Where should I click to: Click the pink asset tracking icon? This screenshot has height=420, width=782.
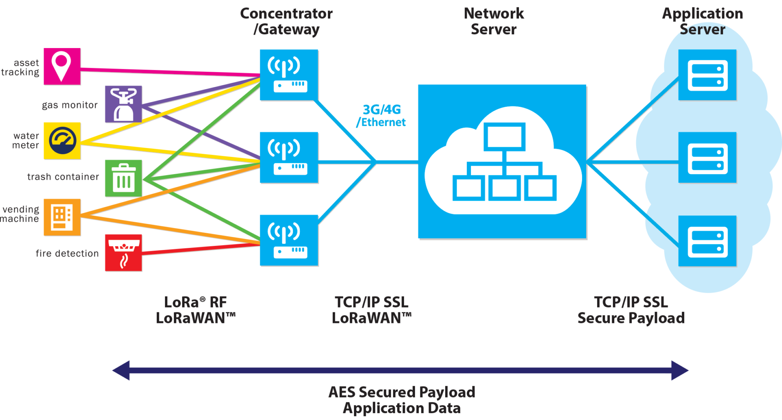pyautogui.click(x=62, y=66)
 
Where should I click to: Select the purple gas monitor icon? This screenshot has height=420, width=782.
pyautogui.click(x=123, y=104)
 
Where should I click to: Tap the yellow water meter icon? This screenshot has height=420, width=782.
pyautogui.click(x=62, y=141)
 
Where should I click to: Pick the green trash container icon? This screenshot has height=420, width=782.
pyautogui.click(x=123, y=178)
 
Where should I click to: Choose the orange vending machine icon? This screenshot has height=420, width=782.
pyautogui.click(x=62, y=217)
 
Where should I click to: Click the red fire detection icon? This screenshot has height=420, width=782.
pyautogui.click(x=123, y=253)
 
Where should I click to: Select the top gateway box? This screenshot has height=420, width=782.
pyautogui.click(x=289, y=75)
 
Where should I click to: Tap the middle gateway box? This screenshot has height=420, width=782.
pyautogui.click(x=289, y=158)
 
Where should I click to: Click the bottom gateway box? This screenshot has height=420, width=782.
pyautogui.click(x=289, y=241)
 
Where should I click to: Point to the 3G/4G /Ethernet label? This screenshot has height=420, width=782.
pyautogui.click(x=381, y=116)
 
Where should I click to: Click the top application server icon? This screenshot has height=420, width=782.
pyautogui.click(x=707, y=75)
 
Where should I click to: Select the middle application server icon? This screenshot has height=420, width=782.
pyautogui.click(x=707, y=158)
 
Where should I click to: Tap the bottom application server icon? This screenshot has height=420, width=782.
pyautogui.click(x=707, y=241)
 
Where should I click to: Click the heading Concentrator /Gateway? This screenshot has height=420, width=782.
pyautogui.click(x=286, y=21)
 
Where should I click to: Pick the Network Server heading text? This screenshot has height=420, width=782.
pyautogui.click(x=494, y=21)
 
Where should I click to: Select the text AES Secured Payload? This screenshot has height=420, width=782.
pyautogui.click(x=402, y=392)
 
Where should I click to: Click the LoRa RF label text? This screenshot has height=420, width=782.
pyautogui.click(x=195, y=302)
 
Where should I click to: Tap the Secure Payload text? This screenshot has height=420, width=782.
pyautogui.click(x=631, y=318)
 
